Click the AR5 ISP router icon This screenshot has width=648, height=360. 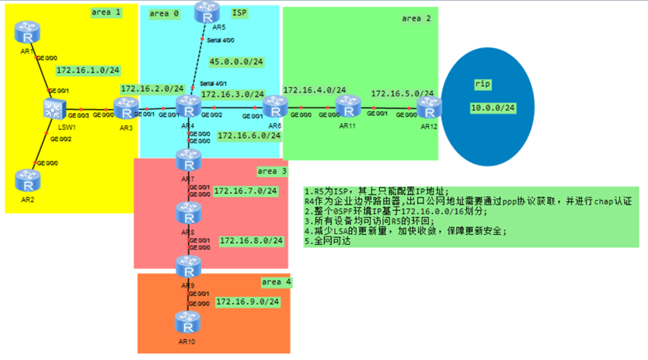207,12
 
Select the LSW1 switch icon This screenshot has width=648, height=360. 55,110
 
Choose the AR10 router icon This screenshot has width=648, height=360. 188,321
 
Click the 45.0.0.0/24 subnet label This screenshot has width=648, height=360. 235,62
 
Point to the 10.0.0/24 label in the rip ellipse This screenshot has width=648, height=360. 493,107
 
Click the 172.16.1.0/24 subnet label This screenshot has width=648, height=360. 87,70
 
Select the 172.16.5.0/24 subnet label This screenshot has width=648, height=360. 402,93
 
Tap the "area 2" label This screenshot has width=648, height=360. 416,19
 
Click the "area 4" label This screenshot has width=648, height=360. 275,281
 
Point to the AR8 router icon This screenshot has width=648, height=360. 188,212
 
